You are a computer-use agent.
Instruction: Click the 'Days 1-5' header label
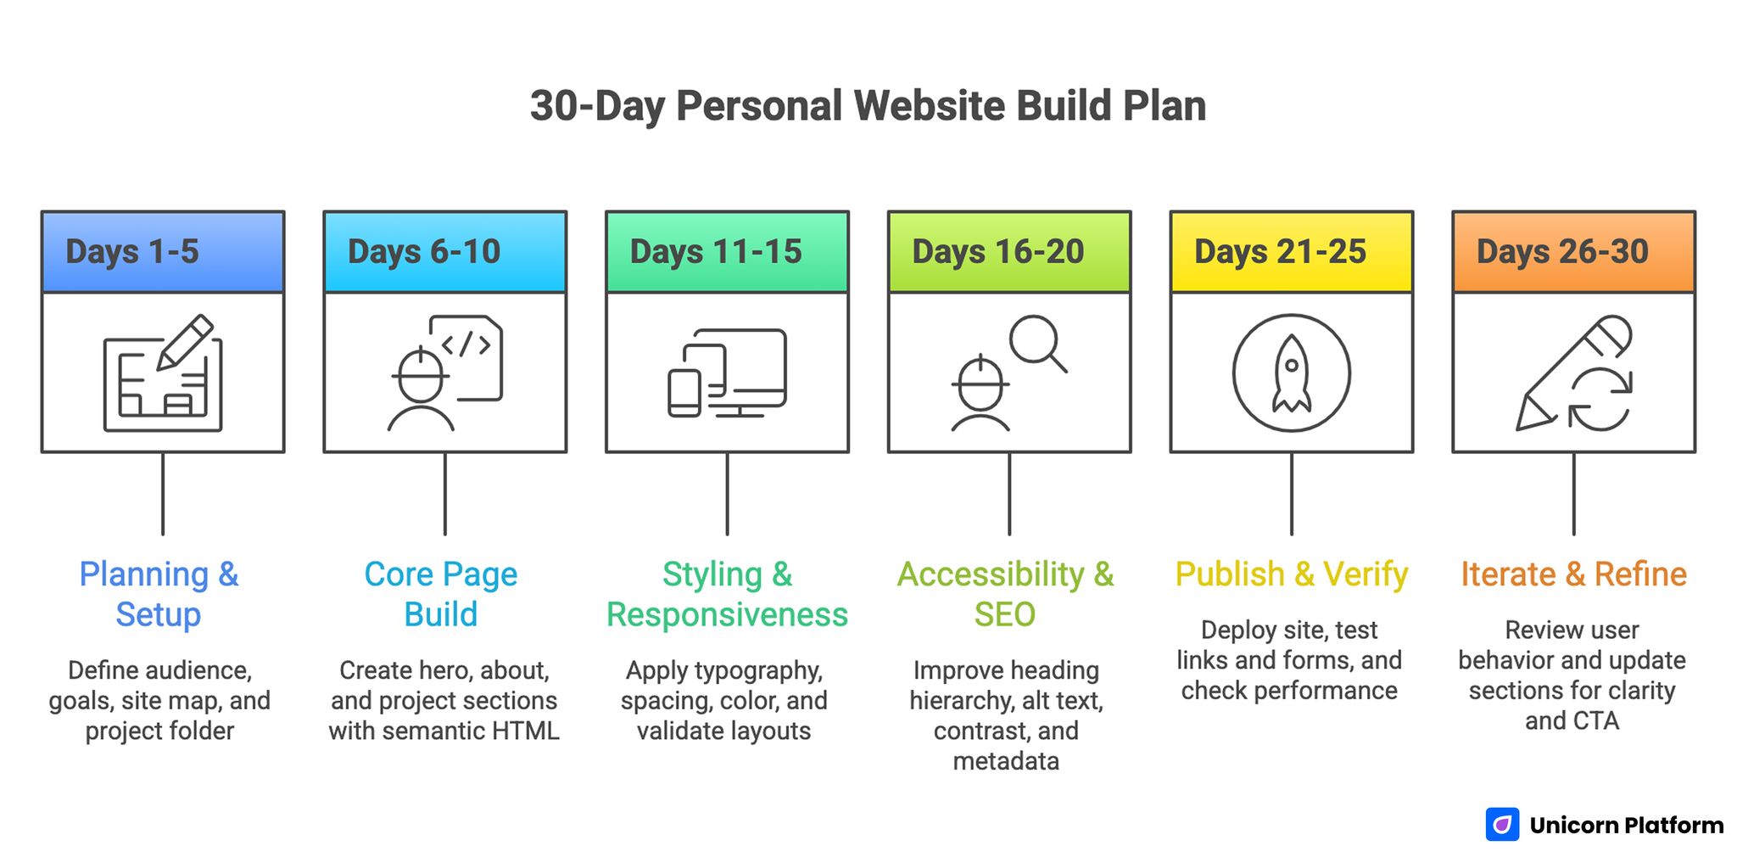click(132, 252)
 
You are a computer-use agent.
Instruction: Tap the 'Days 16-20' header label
click(997, 252)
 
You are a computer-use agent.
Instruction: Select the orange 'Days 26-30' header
click(1562, 252)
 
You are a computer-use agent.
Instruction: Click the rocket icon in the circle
click(1291, 373)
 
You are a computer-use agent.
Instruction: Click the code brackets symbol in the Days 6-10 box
click(466, 344)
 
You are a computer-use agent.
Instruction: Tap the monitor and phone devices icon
click(728, 373)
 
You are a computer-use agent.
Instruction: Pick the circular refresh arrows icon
click(1600, 400)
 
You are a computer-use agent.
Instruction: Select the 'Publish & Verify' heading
click(1291, 574)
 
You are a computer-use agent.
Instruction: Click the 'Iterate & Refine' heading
click(1573, 574)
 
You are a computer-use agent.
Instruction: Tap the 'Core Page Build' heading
click(441, 594)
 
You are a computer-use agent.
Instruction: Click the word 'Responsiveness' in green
click(727, 614)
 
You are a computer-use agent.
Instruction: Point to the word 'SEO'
click(1005, 614)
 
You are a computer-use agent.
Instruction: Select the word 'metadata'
click(1006, 761)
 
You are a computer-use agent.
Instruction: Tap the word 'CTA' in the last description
click(1595, 721)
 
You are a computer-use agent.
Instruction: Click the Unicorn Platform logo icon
click(1502, 825)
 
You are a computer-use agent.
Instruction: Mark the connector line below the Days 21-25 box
click(1292, 494)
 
